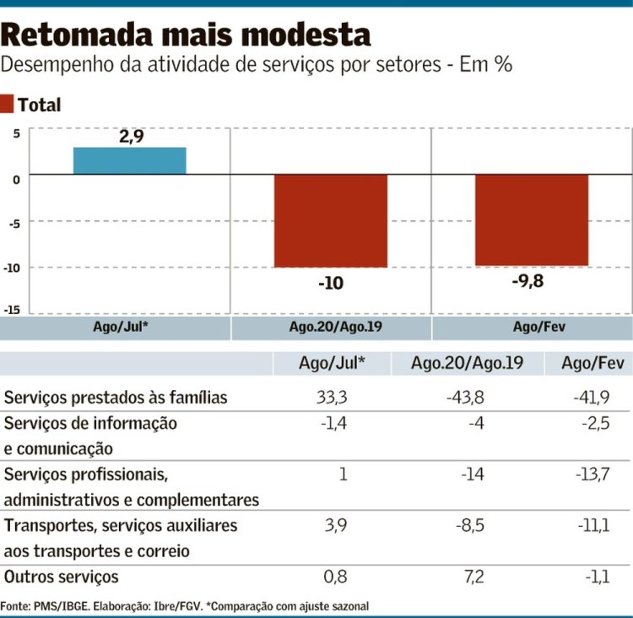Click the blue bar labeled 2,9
click(129, 160)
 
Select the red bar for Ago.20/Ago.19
click(330, 220)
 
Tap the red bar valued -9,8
click(531, 220)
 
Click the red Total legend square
click(8, 105)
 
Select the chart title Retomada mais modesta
click(186, 35)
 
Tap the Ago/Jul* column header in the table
click(332, 364)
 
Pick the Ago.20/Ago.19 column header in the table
click(467, 364)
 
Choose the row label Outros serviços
click(62, 577)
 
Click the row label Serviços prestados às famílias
click(116, 398)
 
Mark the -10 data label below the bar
click(331, 283)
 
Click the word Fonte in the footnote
click(18, 606)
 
